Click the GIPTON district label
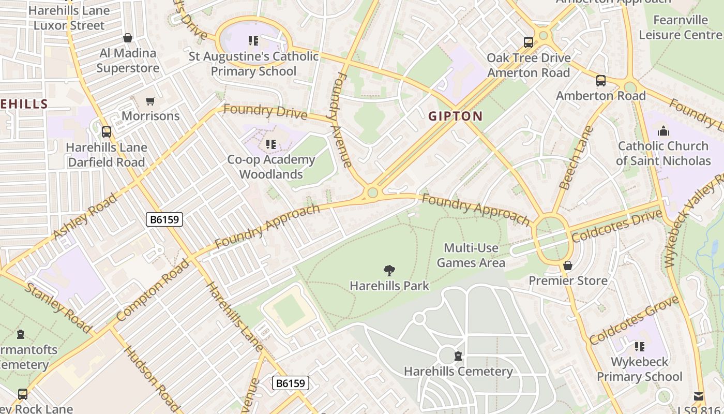455,116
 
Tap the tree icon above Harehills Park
389,270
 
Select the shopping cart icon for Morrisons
150,101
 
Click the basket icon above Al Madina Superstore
128,38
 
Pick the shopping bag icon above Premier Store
568,265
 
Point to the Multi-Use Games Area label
471,256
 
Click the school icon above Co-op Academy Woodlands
270,144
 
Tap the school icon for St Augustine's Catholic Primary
253,40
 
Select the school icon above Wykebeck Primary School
640,346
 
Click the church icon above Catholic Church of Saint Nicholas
663,131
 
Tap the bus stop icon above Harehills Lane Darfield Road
107,132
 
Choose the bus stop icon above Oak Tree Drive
528,42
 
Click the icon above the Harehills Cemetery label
458,356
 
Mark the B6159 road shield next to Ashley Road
164,219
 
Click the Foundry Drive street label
265,112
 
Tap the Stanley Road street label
58,307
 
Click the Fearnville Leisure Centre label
680,27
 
